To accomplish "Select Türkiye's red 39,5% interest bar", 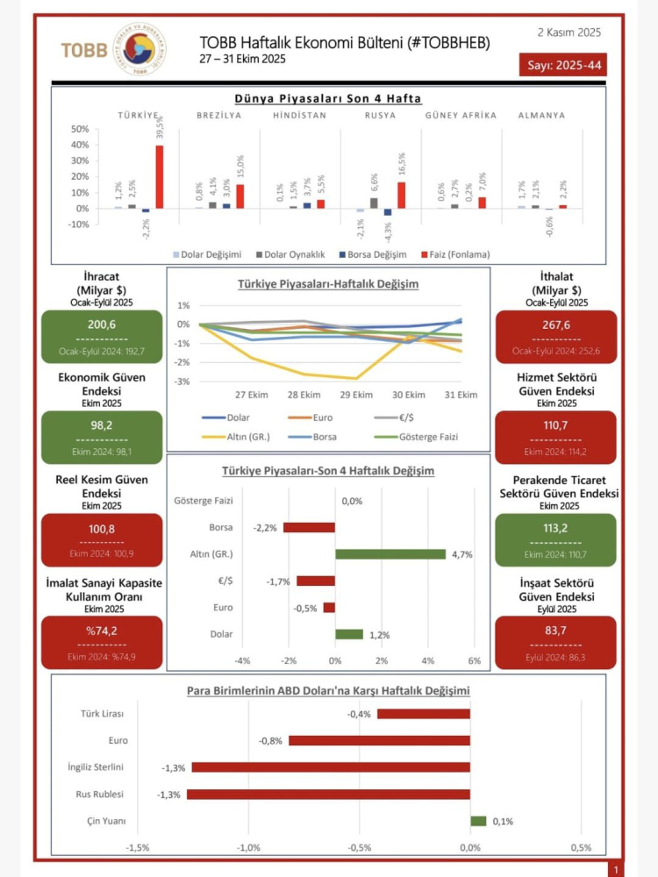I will pyautogui.click(x=160, y=176).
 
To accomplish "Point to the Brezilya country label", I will pyautogui.click(x=219, y=115).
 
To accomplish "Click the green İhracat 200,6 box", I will pyautogui.click(x=102, y=336).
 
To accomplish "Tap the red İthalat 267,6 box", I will pyautogui.click(x=555, y=336).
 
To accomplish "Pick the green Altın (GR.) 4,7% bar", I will pyautogui.click(x=390, y=553).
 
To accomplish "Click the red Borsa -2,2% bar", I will pyautogui.click(x=309, y=527).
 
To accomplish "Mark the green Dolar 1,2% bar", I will pyautogui.click(x=349, y=634).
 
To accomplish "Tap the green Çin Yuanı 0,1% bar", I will pyautogui.click(x=478, y=822).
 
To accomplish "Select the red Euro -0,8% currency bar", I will pyautogui.click(x=379, y=740).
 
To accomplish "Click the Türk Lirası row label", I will pyautogui.click(x=104, y=714).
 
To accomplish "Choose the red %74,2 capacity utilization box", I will pyautogui.click(x=102, y=643).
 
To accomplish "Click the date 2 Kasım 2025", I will pyautogui.click(x=569, y=32).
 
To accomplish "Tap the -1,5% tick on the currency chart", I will pyautogui.click(x=138, y=848).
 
